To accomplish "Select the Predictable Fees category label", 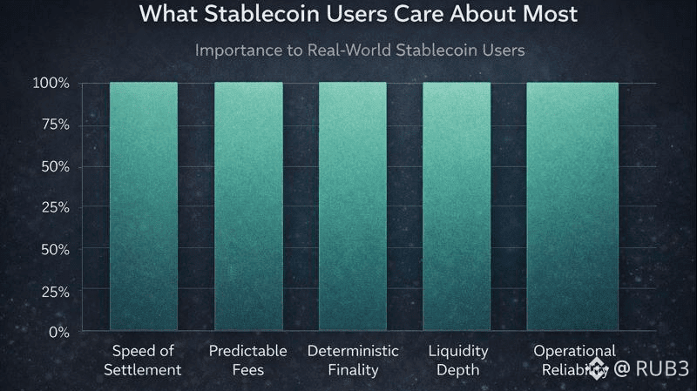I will (x=247, y=360).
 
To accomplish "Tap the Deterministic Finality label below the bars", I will (x=353, y=360).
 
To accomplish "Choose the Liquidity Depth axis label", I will (x=457, y=360).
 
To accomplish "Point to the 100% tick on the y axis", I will (x=51, y=84).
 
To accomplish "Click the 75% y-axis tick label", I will (x=54, y=125).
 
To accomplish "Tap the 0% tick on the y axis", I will (x=58, y=332).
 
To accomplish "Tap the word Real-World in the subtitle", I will (x=337, y=50).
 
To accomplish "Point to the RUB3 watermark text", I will (x=661, y=369).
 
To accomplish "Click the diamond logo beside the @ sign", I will (x=596, y=369).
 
